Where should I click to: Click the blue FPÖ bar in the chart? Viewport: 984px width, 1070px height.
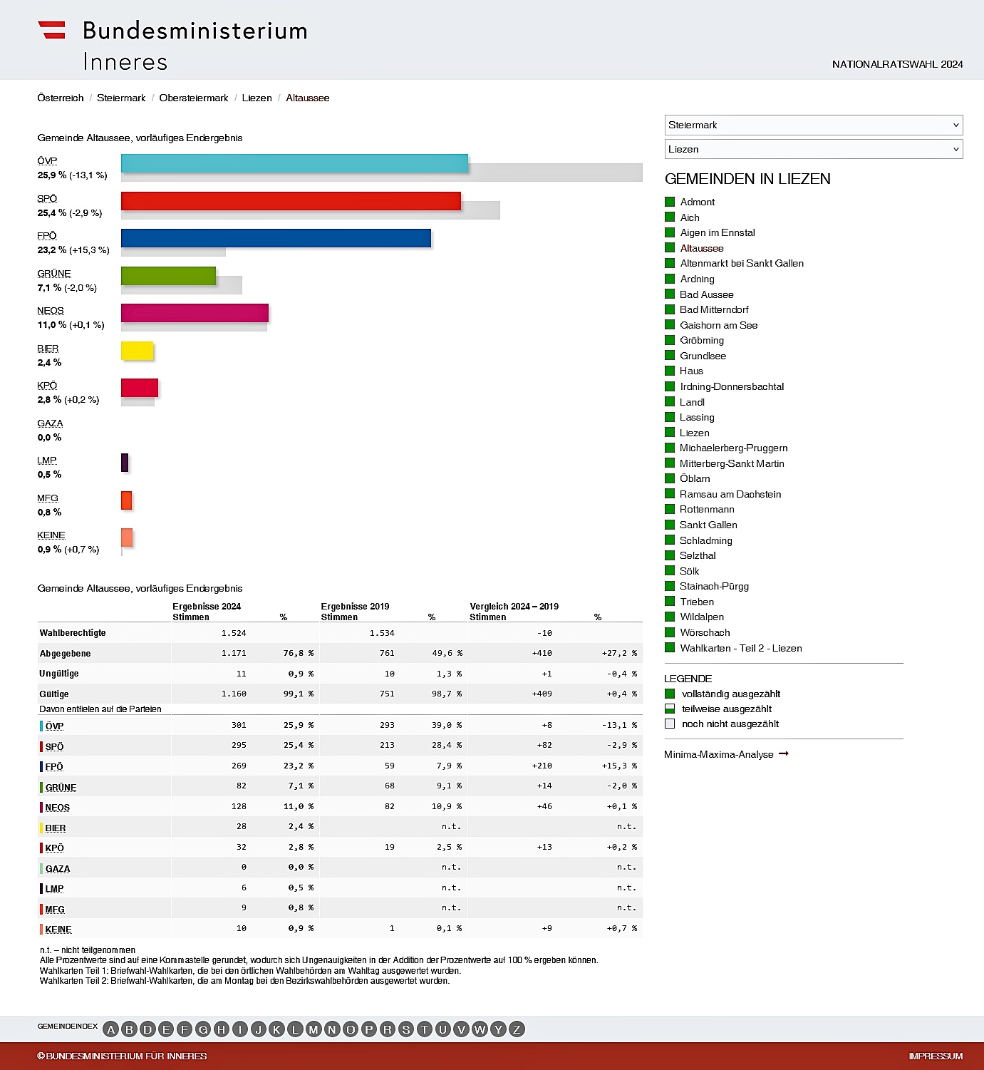(x=276, y=238)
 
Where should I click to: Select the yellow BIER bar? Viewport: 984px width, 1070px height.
(x=138, y=351)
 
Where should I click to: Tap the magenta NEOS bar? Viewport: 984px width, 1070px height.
(x=195, y=313)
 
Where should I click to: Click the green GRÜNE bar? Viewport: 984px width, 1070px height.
(x=168, y=276)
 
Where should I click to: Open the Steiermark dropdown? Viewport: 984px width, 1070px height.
(x=813, y=125)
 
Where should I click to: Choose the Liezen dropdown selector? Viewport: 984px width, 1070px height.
(x=813, y=149)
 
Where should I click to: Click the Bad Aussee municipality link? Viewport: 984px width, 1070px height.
(x=706, y=294)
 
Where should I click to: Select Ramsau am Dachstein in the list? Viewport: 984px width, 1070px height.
(x=730, y=494)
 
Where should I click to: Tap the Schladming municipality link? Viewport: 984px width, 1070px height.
(x=705, y=540)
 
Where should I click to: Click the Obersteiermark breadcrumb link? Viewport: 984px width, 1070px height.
(x=194, y=98)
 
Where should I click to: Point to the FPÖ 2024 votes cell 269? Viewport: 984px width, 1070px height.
(x=239, y=766)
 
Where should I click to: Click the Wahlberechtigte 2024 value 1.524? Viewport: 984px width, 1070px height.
(x=234, y=633)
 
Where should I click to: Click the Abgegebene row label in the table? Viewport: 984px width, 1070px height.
(x=65, y=654)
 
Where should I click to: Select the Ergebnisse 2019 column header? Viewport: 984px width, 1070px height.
(x=355, y=607)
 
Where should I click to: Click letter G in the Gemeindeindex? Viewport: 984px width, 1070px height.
(x=203, y=1029)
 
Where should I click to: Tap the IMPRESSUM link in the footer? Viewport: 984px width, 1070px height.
(x=936, y=1056)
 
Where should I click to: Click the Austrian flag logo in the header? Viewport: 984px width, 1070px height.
(x=51, y=30)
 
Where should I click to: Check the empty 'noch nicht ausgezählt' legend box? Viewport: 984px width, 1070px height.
(x=670, y=724)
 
